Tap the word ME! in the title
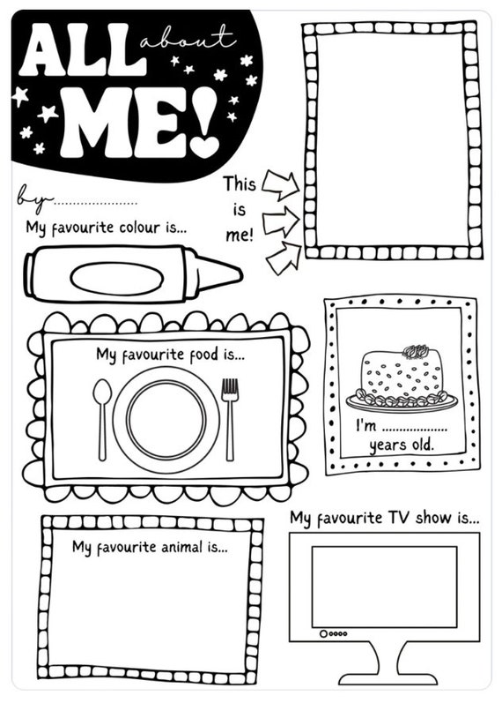(137, 123)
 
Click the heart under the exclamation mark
(205, 146)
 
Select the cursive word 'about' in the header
(186, 38)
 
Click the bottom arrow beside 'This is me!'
(283, 258)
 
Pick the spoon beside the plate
(102, 415)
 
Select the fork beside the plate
(230, 415)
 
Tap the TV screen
(384, 585)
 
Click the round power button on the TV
(324, 633)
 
